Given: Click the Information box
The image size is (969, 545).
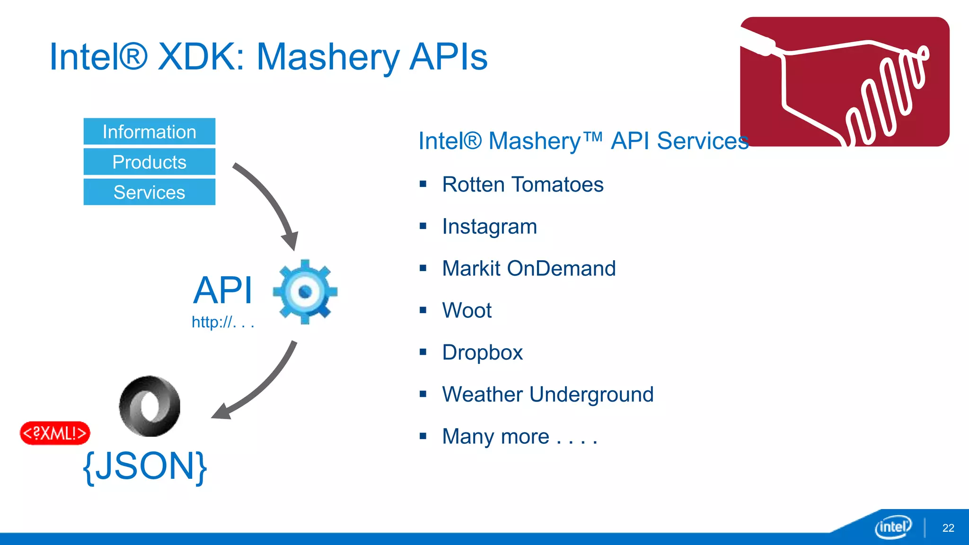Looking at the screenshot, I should pos(149,132).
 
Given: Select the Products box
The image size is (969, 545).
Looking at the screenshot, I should pos(149,162).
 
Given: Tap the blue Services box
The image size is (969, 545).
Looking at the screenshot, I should pos(149,192).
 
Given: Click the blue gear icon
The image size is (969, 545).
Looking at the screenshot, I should pos(305,291).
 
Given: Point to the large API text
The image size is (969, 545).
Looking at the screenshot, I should pos(223,290).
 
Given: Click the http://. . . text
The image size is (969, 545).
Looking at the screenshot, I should pos(223,322).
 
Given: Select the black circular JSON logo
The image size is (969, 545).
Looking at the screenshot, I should pos(150,406).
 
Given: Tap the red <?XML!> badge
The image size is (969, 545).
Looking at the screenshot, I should pos(55,433).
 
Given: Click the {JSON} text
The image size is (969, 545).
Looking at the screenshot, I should pos(145,466).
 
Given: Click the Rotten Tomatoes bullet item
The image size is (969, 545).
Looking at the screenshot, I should pos(522,185).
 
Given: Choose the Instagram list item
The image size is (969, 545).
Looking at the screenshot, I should pos(489,227).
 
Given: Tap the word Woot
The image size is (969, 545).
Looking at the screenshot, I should pos(467,311).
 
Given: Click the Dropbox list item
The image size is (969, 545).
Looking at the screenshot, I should pos(482,352).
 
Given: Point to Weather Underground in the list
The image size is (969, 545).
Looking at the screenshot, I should pos(547,395).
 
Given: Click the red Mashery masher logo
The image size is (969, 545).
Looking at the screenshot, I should pos(845,81).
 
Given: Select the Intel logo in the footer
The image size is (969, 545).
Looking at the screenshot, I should pos(893,527).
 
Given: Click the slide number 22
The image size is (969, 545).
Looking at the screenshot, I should pos(948,528).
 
